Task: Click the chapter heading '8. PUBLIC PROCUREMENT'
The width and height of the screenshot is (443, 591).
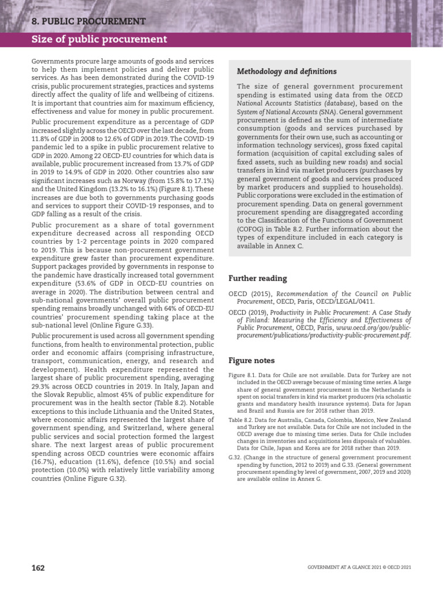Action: pos(88,21)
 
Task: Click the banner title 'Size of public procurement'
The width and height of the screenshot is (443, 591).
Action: pos(99,39)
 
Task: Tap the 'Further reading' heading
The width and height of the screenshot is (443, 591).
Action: pos(257,278)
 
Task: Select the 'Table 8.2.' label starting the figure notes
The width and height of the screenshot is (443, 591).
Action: pos(241,420)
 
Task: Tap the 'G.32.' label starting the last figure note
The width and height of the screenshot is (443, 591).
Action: pos(236,457)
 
